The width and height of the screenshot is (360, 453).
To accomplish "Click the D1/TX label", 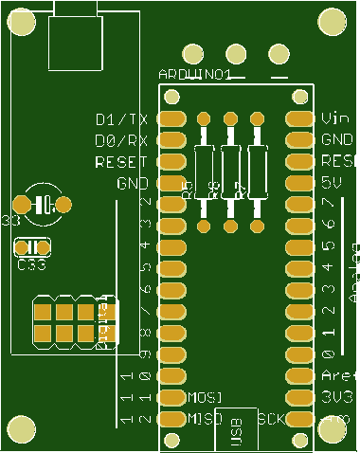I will pos(122,119).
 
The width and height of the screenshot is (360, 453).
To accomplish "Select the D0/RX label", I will pos(122,140).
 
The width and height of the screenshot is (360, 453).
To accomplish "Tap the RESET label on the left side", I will pos(121,162).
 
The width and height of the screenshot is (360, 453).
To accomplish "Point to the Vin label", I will pos(335,119).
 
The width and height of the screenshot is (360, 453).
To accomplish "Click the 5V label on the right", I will pos(331,181).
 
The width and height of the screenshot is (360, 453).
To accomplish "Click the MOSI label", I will pos(206,396).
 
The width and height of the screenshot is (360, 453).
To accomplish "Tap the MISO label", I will pos(206,418).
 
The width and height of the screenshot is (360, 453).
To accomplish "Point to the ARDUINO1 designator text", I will pos(193,74).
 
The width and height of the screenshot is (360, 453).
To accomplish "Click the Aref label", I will pos(337,375).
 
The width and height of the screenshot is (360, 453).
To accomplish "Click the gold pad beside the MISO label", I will pos(172,418).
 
